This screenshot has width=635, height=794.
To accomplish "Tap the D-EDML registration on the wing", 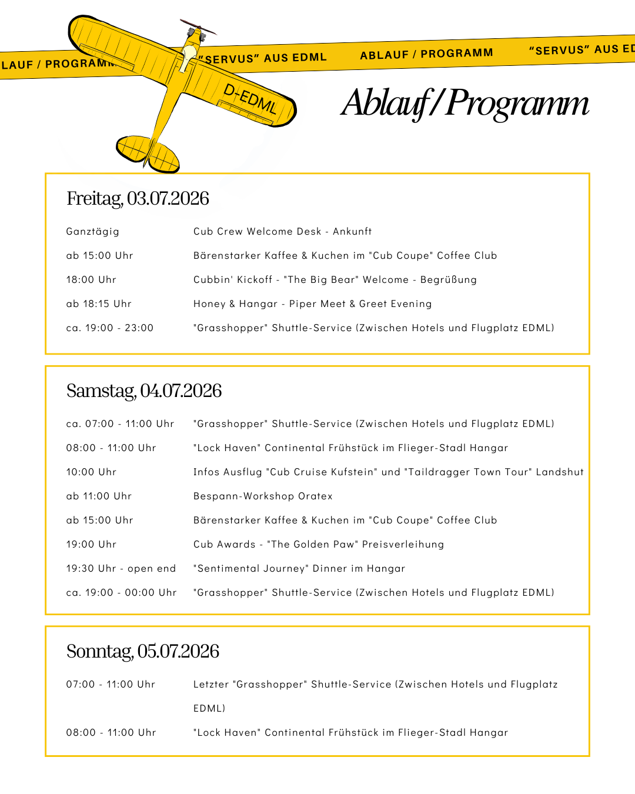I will (250, 98).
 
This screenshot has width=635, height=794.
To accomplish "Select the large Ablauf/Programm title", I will (464, 103).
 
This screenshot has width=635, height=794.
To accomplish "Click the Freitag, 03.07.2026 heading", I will (138, 198).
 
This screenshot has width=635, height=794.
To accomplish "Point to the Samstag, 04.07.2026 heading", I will (144, 391).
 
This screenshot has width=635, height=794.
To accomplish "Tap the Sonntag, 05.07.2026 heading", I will (143, 651).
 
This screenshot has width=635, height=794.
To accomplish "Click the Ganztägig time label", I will (93, 231).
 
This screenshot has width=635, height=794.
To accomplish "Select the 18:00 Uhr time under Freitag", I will (91, 279).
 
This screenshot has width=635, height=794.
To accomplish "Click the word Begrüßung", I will (448, 279).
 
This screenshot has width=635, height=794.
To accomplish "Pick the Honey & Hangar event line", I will (312, 303).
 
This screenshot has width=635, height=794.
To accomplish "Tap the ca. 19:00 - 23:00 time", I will (110, 328).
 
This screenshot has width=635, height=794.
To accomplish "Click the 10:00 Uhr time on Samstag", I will (91, 472).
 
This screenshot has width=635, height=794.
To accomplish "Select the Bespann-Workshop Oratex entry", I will (263, 496).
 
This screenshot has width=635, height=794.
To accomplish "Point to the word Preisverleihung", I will (403, 544).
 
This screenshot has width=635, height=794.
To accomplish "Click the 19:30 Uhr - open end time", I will (121, 568).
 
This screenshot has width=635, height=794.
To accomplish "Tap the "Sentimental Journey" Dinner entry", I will (299, 568).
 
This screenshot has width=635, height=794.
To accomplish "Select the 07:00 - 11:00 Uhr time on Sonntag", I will (111, 684).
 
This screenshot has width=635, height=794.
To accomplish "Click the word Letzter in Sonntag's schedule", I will (211, 684).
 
